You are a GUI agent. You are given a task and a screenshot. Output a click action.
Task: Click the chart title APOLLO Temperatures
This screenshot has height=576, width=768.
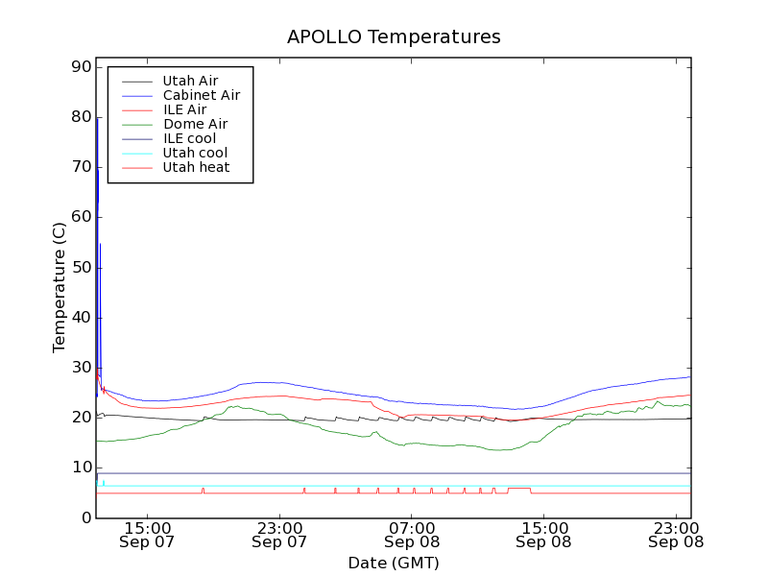pyautogui.click(x=394, y=37)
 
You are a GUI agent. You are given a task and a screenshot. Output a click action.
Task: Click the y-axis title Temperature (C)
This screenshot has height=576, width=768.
pyautogui.click(x=60, y=288)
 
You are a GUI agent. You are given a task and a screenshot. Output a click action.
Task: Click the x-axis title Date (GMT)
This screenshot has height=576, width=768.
pyautogui.click(x=394, y=563)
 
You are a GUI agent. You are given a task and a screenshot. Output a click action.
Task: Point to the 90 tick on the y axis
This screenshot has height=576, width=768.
pyautogui.click(x=81, y=67)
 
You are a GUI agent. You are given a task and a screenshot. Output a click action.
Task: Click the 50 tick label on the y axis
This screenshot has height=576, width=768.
pyautogui.click(x=81, y=268)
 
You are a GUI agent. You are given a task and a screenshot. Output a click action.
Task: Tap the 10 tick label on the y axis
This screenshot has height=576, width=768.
pyautogui.click(x=81, y=468)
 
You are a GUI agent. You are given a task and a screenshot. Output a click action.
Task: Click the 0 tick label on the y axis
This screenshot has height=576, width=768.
pyautogui.click(x=85, y=518)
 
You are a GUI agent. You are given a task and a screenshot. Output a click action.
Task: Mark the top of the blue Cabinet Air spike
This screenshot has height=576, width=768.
pyautogui.click(x=97, y=118)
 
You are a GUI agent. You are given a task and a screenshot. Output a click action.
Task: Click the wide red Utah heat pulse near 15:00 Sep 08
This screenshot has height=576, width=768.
pyautogui.click(x=519, y=489)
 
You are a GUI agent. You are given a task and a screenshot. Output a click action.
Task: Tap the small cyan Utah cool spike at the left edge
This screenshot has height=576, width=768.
pyautogui.click(x=104, y=482)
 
